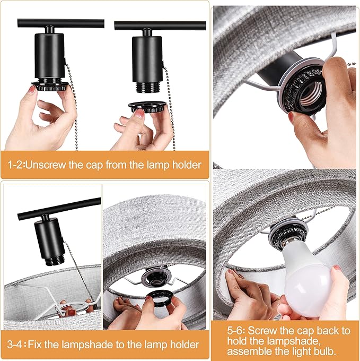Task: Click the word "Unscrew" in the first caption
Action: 45,165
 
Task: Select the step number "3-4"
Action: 15,345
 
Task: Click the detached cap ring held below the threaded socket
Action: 147,107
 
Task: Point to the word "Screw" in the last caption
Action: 262,331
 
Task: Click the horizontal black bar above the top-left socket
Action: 60,23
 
